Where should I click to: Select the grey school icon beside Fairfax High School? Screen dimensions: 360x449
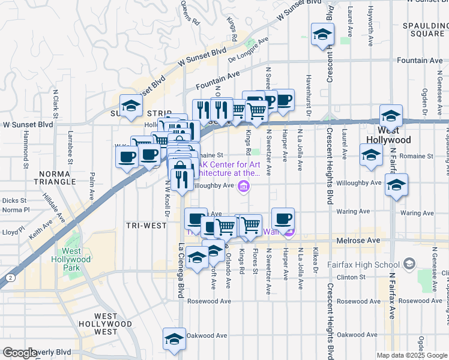tap(409, 263)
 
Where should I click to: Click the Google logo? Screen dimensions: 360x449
tap(20, 353)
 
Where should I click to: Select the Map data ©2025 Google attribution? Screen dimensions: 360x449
tap(412, 355)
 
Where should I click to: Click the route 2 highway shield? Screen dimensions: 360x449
tap(10, 277)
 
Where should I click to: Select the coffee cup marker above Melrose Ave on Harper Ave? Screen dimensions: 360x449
tap(283, 218)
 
